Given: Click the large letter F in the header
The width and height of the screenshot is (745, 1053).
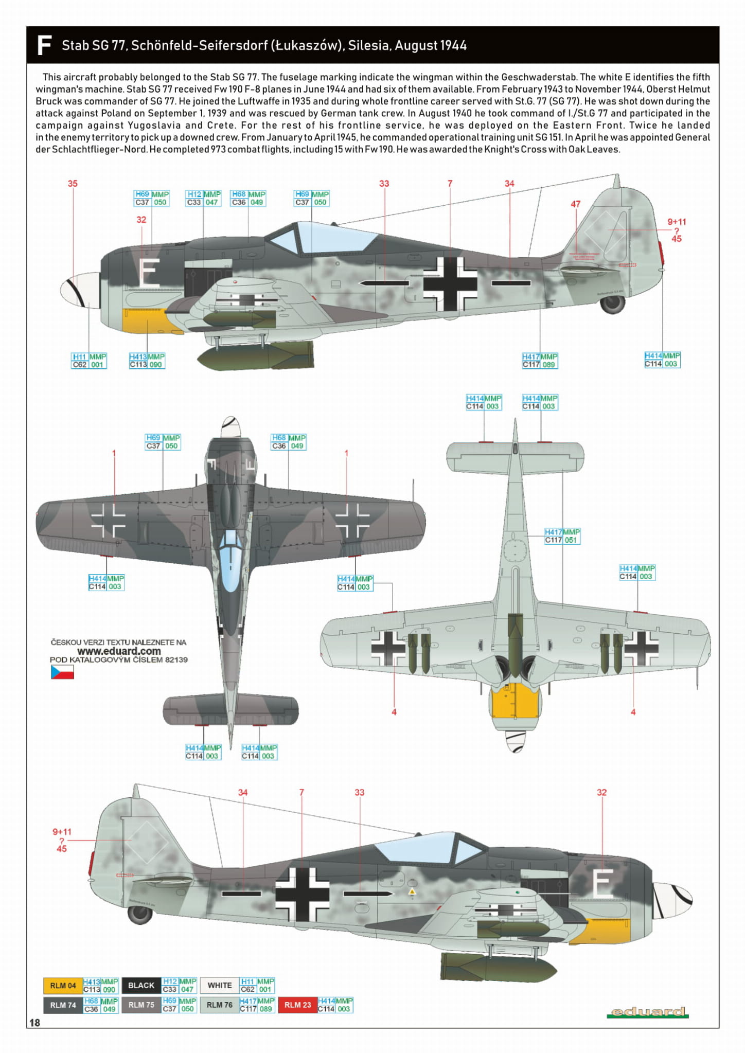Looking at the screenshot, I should [44, 45].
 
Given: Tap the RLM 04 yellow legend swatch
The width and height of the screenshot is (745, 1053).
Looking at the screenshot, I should [63, 986].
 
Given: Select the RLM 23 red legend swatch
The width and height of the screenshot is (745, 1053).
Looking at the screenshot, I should [297, 1005].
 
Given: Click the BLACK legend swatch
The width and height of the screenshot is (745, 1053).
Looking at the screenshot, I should [141, 986].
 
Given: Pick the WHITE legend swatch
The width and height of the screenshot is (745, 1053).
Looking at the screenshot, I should [220, 986].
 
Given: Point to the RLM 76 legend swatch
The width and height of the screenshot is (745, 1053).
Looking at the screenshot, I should [220, 1005].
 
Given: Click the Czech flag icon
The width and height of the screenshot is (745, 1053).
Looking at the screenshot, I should [62, 672].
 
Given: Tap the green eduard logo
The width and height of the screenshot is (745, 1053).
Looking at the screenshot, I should [648, 1012].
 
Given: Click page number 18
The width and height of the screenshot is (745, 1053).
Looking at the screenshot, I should [34, 1023].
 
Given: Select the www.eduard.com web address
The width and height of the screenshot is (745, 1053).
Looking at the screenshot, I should [119, 651].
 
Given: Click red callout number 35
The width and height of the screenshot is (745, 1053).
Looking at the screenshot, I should [73, 184].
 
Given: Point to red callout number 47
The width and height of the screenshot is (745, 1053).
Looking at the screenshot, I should [575, 204].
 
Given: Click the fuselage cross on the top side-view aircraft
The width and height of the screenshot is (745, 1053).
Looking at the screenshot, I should [450, 283].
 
